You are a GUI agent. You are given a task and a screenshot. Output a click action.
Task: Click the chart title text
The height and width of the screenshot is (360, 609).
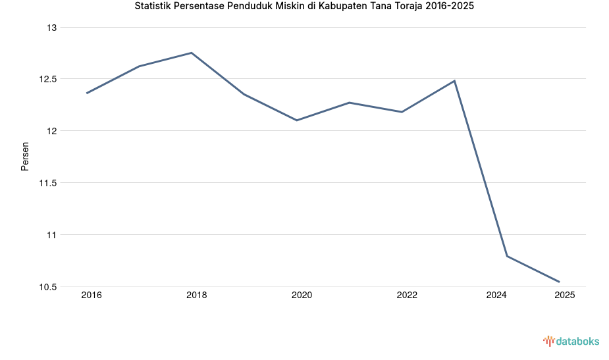(x=304, y=7)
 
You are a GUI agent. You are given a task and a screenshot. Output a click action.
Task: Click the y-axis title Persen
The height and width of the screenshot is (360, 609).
(x=25, y=157)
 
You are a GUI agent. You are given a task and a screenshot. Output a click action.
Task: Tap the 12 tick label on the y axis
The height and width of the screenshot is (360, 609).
(x=52, y=131)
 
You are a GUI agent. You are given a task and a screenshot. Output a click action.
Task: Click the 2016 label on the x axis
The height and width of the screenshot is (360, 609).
(x=92, y=296)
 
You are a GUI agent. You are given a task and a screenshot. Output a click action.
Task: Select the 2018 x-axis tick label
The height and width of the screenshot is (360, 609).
(x=196, y=296)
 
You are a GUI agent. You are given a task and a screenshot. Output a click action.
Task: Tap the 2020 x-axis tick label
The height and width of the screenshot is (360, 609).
(x=302, y=296)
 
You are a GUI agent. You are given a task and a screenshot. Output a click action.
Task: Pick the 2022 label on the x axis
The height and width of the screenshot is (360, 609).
(x=407, y=296)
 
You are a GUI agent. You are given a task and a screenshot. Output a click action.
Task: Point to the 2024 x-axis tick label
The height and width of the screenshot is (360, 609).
(x=496, y=296)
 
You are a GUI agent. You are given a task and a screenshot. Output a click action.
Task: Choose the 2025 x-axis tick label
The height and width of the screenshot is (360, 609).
(x=564, y=296)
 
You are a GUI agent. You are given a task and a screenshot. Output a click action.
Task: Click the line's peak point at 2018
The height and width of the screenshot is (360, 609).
(x=192, y=53)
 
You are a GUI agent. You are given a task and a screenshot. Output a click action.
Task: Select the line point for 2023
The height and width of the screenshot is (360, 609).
(x=454, y=81)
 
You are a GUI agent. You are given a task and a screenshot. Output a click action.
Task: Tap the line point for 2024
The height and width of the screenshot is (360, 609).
(x=507, y=256)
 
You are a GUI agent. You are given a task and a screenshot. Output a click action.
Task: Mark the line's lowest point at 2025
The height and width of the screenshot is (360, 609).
(x=559, y=282)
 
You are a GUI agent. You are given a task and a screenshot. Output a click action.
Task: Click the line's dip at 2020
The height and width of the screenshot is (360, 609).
(x=297, y=120)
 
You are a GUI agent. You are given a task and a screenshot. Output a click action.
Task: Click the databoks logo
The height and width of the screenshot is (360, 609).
(x=571, y=341)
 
